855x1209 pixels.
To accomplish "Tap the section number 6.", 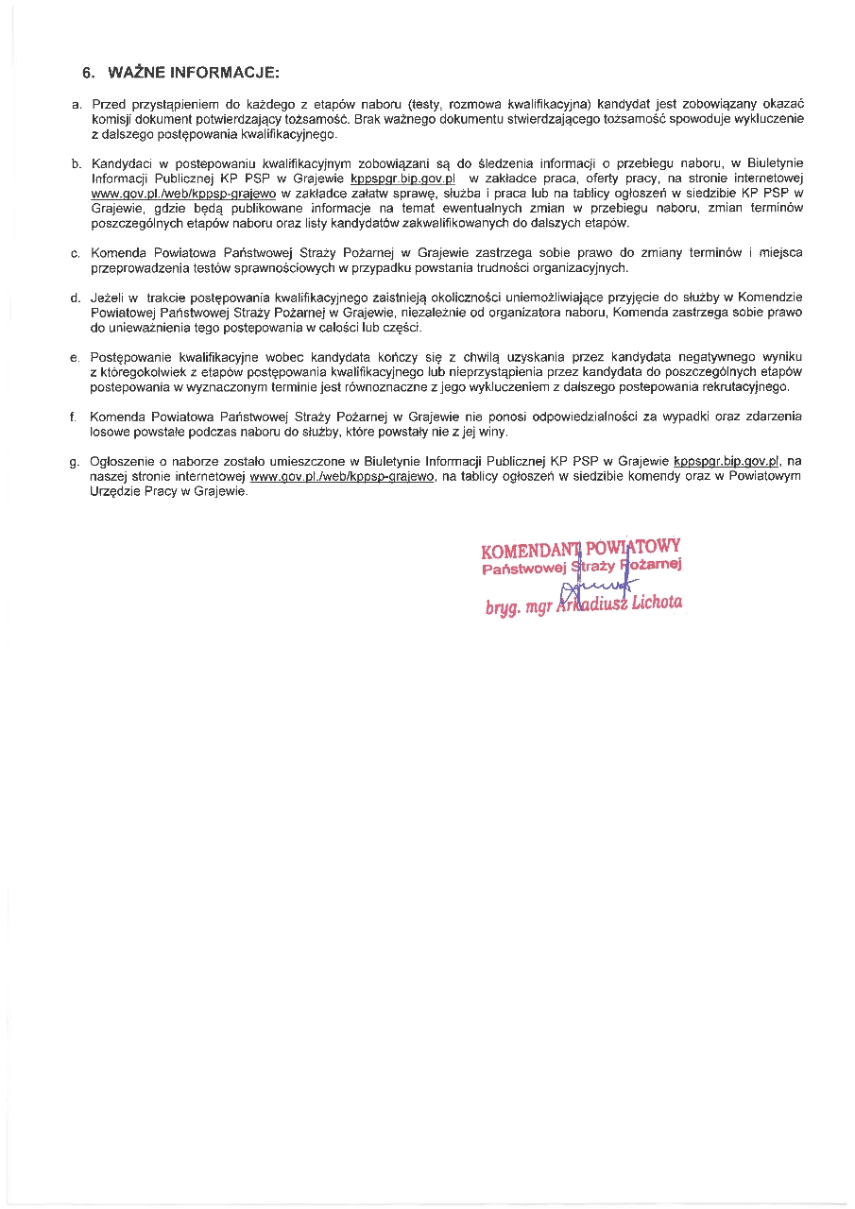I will click(89, 72).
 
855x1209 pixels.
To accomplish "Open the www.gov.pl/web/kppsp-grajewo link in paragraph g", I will click(342, 477).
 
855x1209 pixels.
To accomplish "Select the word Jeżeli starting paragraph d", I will click(110, 298).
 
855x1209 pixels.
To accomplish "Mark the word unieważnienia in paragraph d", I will click(137, 327).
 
